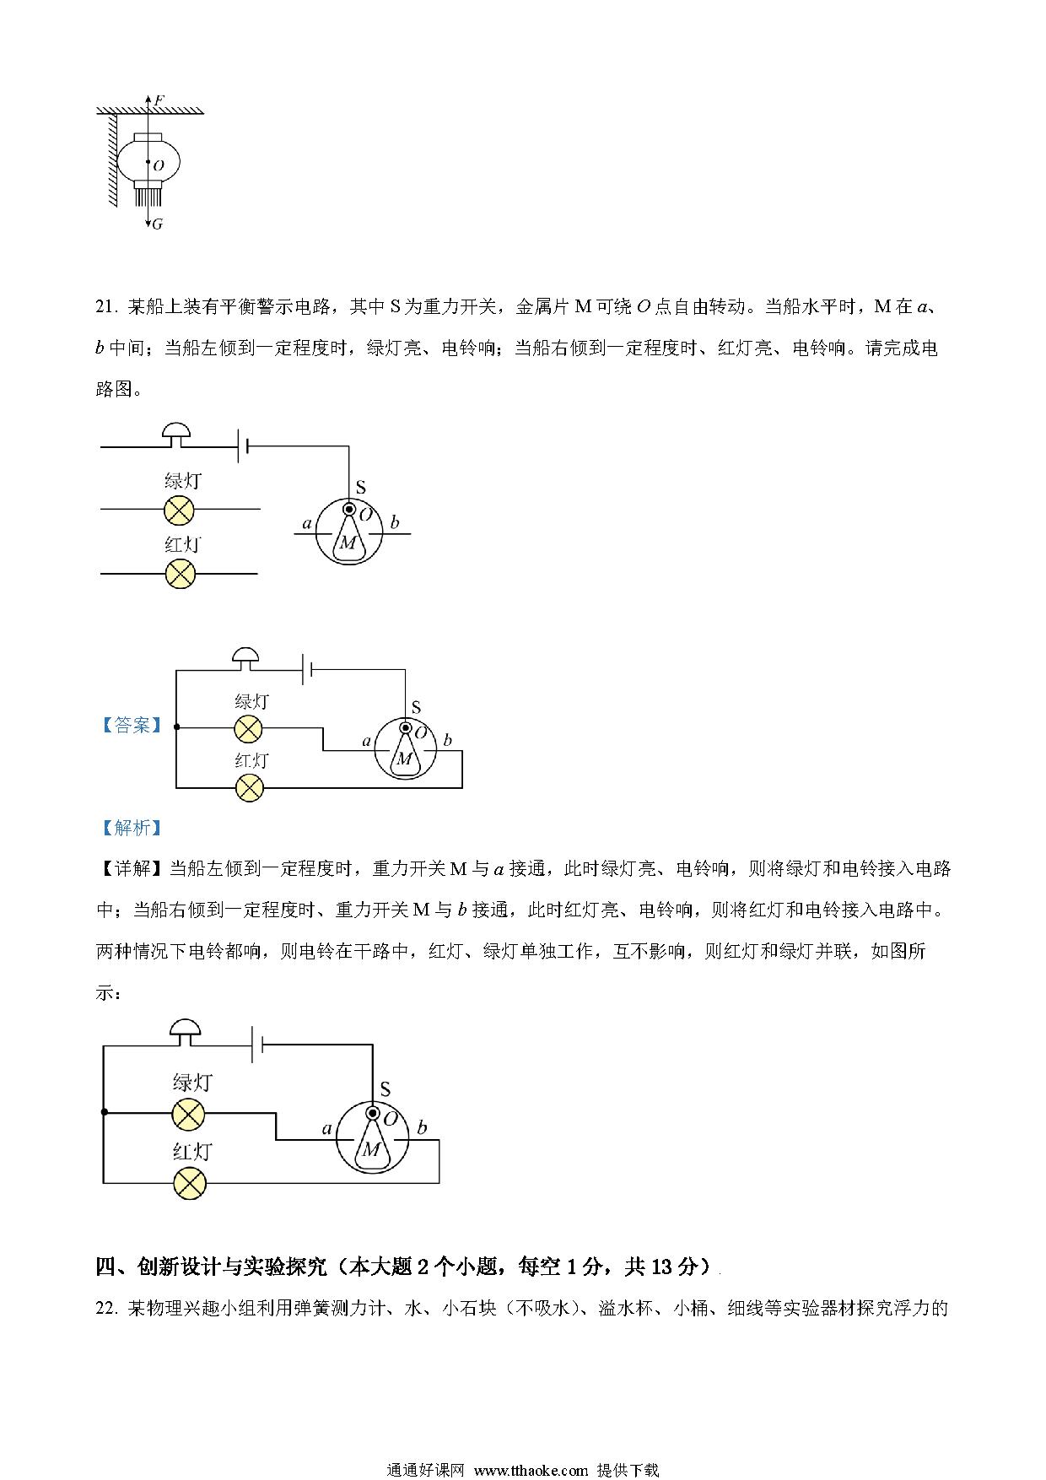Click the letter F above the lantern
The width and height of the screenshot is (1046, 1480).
coord(159,100)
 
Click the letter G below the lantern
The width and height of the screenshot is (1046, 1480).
coord(158,224)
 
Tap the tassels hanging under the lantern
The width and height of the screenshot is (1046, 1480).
coord(148,197)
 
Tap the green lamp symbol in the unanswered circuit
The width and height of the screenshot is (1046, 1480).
coord(179,510)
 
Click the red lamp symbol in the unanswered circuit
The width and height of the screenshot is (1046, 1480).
coord(179,574)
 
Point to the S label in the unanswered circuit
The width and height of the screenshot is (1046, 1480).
coord(361,487)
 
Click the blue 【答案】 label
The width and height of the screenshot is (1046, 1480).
coord(130,726)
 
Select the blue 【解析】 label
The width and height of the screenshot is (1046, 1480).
coord(130,828)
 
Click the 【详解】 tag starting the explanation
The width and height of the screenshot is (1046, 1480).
coord(132,869)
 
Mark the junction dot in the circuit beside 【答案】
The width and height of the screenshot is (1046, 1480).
coord(176,726)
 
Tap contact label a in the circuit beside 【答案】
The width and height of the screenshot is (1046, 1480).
coord(366,741)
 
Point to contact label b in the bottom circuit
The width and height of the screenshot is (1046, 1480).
coord(422,1128)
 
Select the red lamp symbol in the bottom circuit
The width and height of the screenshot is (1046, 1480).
coord(189,1183)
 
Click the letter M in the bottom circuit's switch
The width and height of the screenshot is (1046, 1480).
coord(371,1149)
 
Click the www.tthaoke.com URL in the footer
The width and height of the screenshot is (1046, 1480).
coord(531,1470)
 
